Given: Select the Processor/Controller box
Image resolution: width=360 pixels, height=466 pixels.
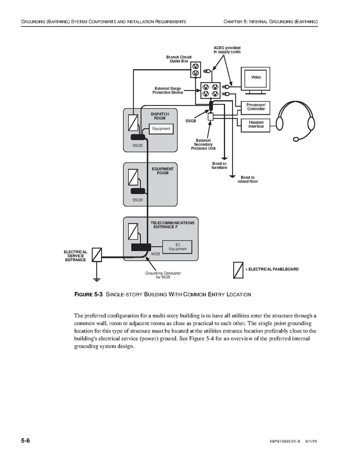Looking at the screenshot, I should tap(256, 107).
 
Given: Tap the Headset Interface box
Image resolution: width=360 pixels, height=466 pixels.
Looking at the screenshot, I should tap(256, 124).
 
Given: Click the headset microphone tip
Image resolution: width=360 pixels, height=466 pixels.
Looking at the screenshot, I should tap(296, 139).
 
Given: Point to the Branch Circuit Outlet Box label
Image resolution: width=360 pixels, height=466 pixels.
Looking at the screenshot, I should tap(179, 59).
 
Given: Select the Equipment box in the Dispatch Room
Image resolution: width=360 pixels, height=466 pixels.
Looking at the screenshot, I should tap(161, 129).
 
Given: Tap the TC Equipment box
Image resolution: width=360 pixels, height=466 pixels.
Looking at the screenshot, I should tap(177, 247).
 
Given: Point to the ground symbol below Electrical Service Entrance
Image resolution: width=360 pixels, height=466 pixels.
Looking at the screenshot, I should tap(96, 279).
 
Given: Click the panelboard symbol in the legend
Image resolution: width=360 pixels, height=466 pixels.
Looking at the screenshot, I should tap(238, 270).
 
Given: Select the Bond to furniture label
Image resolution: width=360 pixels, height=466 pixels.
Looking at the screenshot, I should tap(219, 166).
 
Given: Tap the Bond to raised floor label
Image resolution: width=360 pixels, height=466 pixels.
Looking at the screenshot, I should tap(248, 180).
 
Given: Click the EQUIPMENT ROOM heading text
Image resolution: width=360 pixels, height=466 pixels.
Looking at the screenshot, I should tap(163, 171).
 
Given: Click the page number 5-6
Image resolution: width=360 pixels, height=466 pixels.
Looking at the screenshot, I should tap(26, 441).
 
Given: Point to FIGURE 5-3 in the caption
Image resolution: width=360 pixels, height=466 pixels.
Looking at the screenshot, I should tap(88, 294).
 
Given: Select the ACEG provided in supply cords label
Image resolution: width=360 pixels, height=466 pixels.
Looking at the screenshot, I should tap(227, 50).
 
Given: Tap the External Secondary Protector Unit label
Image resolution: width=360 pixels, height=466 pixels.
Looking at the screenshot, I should tap(203, 144).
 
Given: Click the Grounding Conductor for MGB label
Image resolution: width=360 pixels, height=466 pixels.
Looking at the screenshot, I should tap(163, 275).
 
